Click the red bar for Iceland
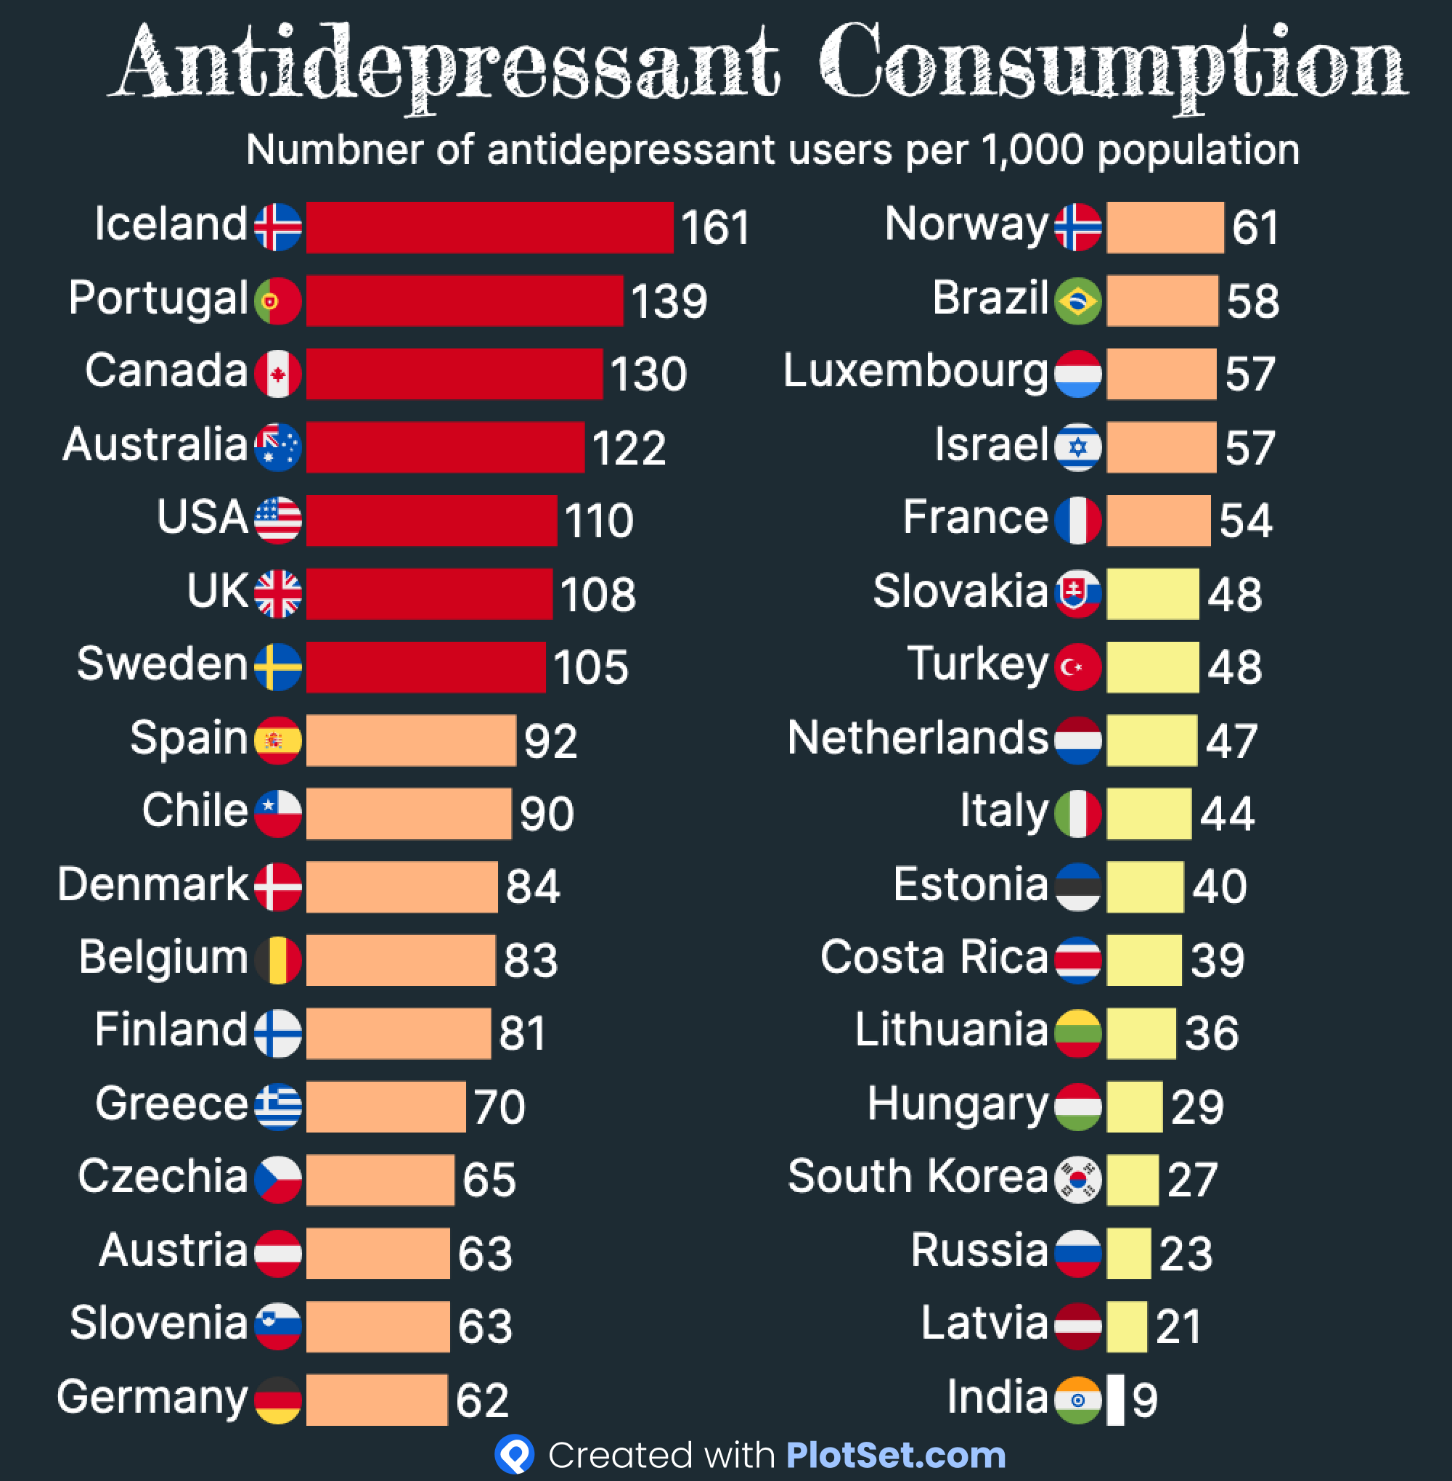tap(489, 227)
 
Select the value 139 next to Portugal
tap(669, 301)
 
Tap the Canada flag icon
tap(277, 374)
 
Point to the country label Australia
tap(155, 444)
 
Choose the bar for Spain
tap(411, 740)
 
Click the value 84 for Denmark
tap(532, 886)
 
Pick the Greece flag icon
tap(277, 1106)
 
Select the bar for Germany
tap(377, 1400)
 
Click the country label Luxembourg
tap(916, 372)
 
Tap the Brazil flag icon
tap(1077, 301)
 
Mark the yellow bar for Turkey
tap(1152, 667)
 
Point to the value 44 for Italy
tap(1227, 814)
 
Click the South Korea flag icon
tap(1077, 1179)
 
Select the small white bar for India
tap(1115, 1400)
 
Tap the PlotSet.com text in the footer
tap(895, 1455)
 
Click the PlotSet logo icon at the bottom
tap(515, 1454)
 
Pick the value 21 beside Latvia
tap(1178, 1326)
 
